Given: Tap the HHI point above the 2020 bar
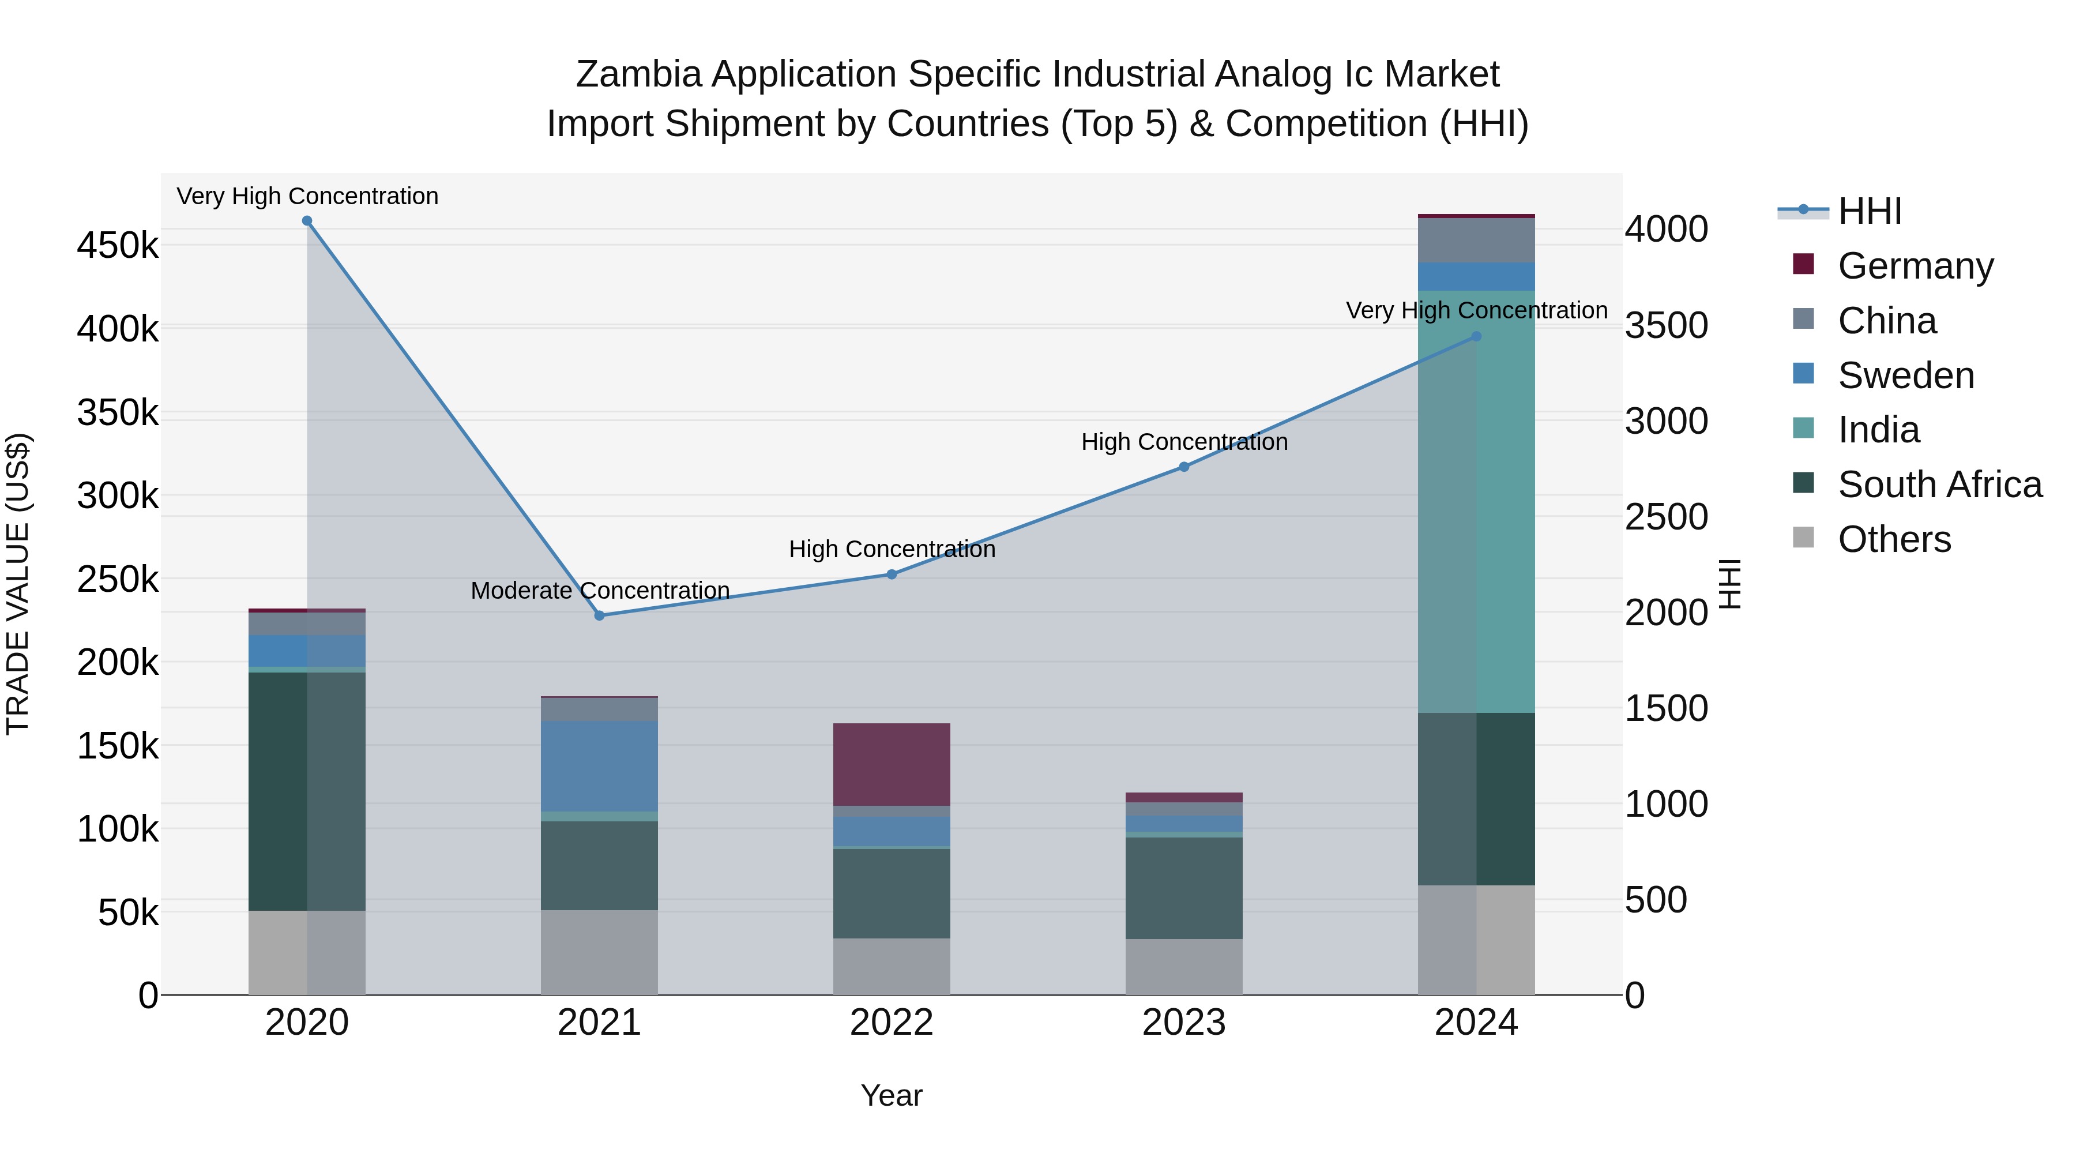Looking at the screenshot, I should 307,221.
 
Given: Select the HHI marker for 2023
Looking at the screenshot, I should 1184,467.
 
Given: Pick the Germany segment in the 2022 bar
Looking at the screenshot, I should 892,764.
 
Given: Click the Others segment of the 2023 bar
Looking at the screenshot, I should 1184,967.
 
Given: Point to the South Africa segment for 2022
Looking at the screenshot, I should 892,893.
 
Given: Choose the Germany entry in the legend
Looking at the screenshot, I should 1915,266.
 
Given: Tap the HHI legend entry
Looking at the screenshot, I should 1870,211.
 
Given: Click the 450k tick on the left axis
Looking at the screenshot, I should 118,245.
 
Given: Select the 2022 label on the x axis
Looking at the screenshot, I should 892,1023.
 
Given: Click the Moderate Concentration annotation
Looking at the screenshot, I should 600,591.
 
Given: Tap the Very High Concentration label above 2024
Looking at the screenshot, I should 1476,310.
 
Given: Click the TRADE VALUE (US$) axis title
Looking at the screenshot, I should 18,584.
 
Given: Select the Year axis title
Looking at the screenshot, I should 892,1095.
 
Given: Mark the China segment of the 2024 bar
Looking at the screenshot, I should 1476,240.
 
